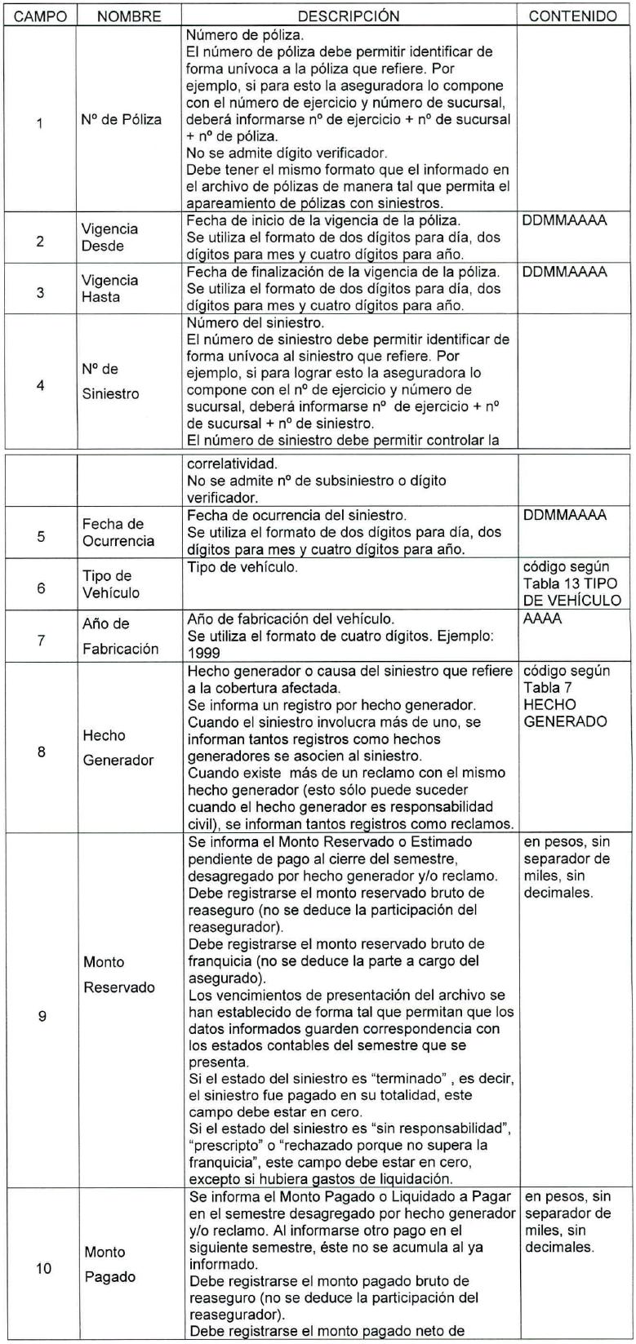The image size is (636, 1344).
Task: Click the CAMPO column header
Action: click(x=40, y=16)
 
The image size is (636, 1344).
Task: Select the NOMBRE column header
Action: click(x=129, y=16)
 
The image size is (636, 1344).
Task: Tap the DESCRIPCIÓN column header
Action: click(x=349, y=16)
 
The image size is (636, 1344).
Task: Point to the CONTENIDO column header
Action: click(x=573, y=16)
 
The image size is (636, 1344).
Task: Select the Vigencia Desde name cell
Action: click(x=109, y=237)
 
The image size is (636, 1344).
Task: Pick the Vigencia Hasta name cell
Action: click(x=109, y=288)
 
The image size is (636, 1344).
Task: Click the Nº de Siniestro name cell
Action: click(x=110, y=381)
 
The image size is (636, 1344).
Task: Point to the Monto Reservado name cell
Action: click(x=119, y=975)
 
